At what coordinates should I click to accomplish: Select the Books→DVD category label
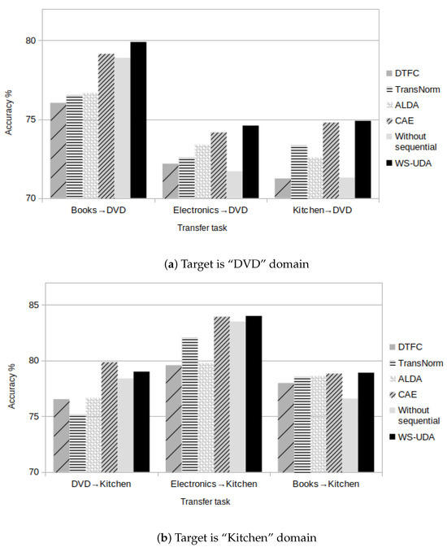pyautogui.click(x=98, y=211)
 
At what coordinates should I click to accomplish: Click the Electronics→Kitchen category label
pyautogui.click(x=213, y=484)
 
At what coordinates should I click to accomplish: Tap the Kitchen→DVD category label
pyautogui.click(x=323, y=211)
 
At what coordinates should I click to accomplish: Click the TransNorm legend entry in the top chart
pyautogui.click(x=412, y=89)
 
